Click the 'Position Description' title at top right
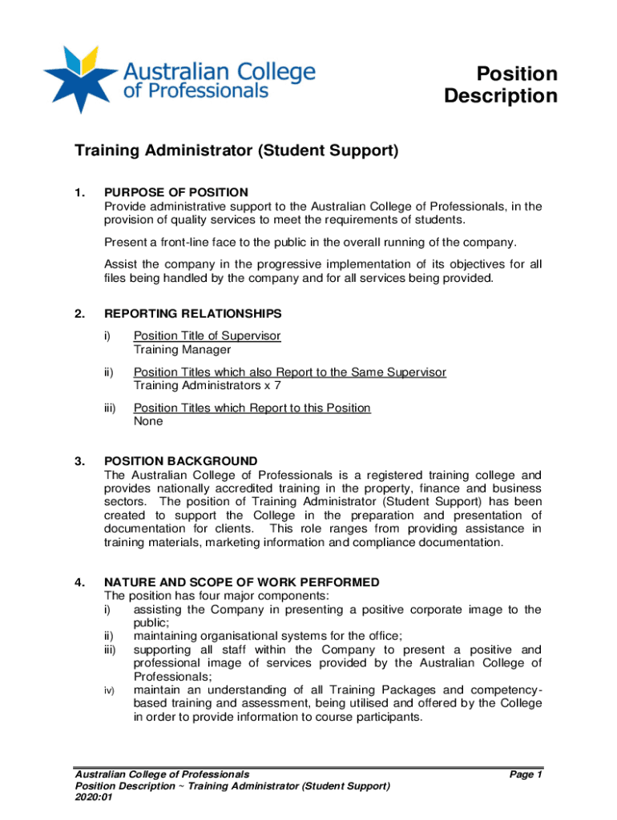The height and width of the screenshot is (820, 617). click(501, 85)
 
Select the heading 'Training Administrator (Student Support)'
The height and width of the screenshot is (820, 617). click(236, 151)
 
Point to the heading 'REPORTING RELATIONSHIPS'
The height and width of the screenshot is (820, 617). click(192, 313)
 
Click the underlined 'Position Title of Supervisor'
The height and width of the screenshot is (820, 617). click(207, 336)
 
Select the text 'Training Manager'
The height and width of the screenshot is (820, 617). click(182, 349)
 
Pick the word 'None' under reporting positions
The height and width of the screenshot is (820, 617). click(148, 421)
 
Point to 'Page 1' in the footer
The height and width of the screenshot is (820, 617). click(526, 774)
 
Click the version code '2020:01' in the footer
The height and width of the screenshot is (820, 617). click(94, 798)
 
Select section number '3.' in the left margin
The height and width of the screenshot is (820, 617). click(79, 461)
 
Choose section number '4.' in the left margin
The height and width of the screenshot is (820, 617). click(79, 582)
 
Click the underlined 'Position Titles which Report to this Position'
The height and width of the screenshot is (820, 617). click(252, 408)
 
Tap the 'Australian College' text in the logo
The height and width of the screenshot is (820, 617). click(219, 70)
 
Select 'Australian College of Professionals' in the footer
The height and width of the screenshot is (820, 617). click(162, 774)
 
